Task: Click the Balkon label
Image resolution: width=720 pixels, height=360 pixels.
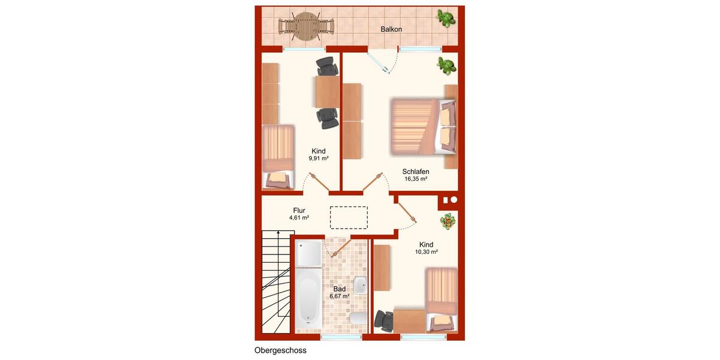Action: [391, 29]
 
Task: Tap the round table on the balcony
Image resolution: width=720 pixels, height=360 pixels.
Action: [306, 26]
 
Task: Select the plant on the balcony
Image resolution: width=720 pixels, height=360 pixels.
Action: [445, 18]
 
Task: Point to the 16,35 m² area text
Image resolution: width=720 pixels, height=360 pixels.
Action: [415, 179]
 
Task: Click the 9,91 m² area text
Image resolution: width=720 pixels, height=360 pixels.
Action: [319, 158]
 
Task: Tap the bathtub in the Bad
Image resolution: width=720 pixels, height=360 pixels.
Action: [308, 299]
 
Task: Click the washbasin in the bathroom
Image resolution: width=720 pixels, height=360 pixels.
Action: [360, 285]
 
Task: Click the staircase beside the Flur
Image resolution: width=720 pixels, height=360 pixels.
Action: [275, 282]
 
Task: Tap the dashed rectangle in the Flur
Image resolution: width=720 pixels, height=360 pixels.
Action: [349, 217]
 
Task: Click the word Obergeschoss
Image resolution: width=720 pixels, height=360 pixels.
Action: [280, 350]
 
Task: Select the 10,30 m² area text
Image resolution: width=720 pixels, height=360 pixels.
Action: [426, 252]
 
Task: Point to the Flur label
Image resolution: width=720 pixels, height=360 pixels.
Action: [299, 210]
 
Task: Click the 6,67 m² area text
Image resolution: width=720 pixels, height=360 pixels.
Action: [339, 296]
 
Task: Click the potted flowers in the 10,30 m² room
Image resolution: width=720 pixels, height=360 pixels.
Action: [447, 222]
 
